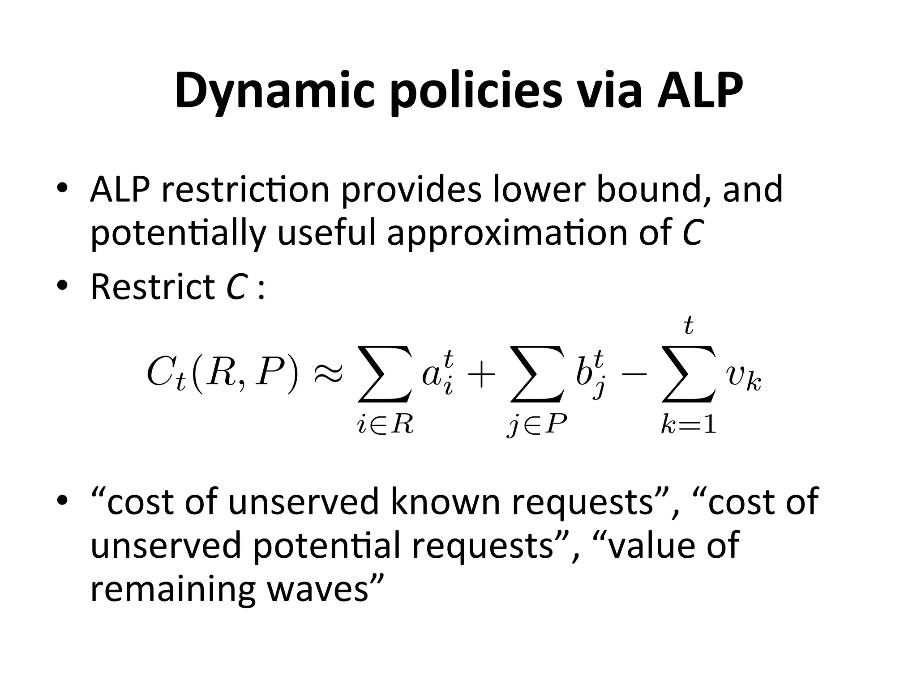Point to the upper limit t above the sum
click(x=689, y=326)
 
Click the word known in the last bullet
click(x=446, y=501)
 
